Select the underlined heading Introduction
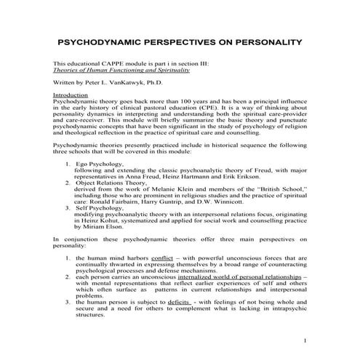pyautogui.click(x=71, y=95)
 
